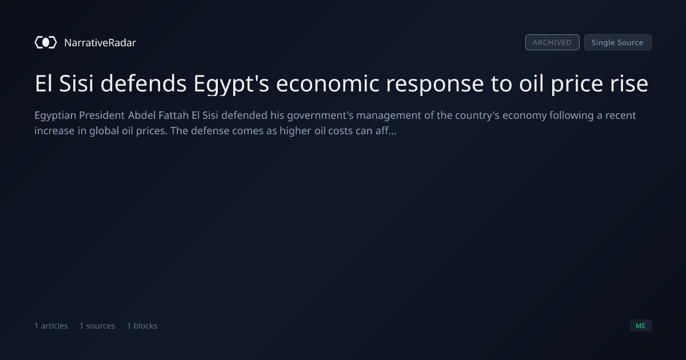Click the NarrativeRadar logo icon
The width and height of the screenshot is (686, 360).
coord(46,42)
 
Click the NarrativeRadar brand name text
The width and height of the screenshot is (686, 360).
coord(100,42)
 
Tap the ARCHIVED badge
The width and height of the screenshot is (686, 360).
coord(552,42)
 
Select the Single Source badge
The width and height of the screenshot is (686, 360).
coord(618,42)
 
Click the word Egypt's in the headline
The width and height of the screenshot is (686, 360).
coord(231,84)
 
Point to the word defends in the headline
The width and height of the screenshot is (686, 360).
coord(143,83)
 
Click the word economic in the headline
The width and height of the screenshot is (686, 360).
coord(328,83)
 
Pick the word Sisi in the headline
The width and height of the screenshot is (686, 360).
coord(76,83)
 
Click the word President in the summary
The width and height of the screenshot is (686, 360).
coord(102,115)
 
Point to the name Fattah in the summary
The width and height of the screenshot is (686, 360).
coord(173,115)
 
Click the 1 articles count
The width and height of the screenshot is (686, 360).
coord(51,326)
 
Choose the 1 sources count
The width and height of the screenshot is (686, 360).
coord(97,326)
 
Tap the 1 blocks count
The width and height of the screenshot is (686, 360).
coord(142,326)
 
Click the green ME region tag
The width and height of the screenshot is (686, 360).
coord(641,326)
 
